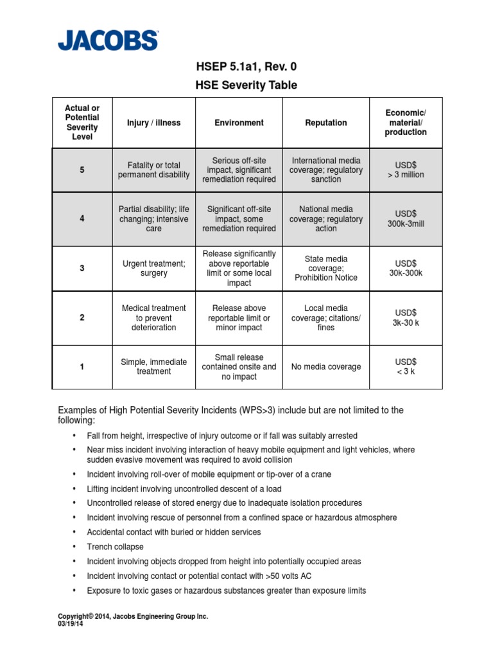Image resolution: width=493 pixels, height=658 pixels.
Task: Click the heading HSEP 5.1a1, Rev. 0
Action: coord(246,66)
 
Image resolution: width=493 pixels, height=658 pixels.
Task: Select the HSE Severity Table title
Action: coord(246,85)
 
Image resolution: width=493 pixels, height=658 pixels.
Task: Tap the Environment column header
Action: coord(239,123)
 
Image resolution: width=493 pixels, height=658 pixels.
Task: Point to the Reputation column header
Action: coord(326,123)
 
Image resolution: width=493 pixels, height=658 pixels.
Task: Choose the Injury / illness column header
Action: coord(153,123)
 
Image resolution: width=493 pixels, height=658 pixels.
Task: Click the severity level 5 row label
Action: coord(82,170)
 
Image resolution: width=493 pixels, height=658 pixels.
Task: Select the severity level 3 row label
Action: coord(82,268)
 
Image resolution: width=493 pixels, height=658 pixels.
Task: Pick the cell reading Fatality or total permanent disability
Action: coord(153,170)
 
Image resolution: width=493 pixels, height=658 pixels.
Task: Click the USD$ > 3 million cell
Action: coord(406,170)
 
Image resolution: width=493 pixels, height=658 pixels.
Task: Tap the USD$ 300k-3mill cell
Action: coord(406,218)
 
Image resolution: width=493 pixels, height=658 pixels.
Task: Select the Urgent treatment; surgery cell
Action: coord(153,268)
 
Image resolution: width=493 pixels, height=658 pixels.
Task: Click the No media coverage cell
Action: coord(326,367)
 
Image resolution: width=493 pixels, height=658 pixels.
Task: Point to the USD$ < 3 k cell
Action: coord(406,367)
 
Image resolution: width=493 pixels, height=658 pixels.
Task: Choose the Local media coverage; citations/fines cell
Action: coord(326,317)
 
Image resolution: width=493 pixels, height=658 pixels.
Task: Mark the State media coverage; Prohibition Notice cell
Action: coord(326,268)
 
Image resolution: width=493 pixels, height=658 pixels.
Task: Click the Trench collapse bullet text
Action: coord(116,547)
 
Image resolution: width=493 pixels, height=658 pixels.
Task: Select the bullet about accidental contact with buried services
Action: coord(174,532)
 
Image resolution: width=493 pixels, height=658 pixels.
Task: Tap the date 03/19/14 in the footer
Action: coord(71,623)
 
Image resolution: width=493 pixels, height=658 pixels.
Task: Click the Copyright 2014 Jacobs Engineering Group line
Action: coord(133,616)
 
